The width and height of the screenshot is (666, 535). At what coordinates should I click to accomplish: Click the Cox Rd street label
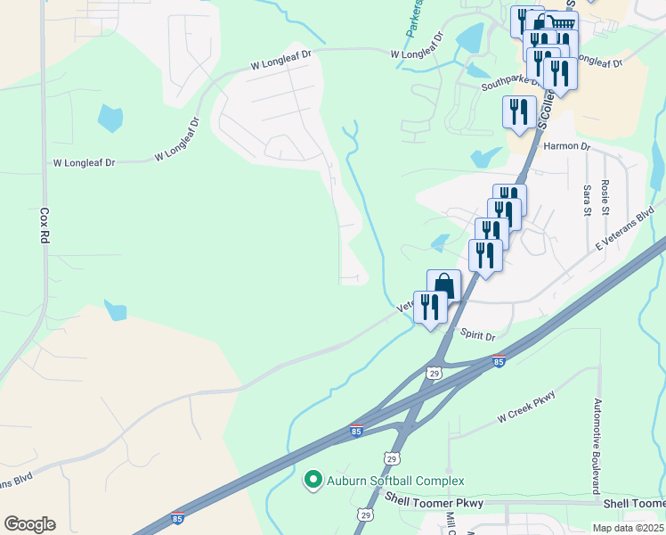click(43, 226)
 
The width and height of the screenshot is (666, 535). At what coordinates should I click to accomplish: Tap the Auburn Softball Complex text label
click(395, 481)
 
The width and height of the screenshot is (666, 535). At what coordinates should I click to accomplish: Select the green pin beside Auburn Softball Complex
click(313, 481)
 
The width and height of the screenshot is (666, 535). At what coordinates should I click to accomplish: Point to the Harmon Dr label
click(566, 145)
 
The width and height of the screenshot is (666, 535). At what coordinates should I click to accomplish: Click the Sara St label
click(587, 201)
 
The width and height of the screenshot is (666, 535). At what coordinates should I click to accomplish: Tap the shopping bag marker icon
click(443, 286)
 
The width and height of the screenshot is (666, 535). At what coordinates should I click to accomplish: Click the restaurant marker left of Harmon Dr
click(519, 112)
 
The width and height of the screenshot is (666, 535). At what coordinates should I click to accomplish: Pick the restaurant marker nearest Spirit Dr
click(430, 308)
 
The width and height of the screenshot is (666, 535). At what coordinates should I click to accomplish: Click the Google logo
click(29, 524)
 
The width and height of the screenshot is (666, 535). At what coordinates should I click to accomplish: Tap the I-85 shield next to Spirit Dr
click(499, 361)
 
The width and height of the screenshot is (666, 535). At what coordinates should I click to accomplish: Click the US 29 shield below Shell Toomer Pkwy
click(364, 514)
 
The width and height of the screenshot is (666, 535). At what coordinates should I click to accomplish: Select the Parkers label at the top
click(413, 18)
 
